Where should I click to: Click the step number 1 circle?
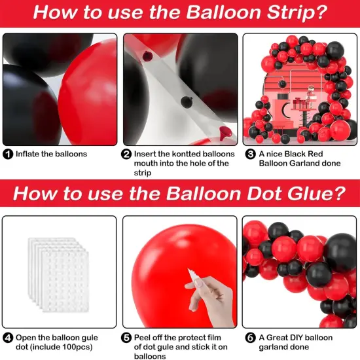point(8,154)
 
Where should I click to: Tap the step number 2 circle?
point(126,154)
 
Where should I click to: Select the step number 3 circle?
point(250,154)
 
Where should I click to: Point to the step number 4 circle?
point(8,338)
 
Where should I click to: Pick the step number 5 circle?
point(126,338)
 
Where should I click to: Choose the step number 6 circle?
point(250,338)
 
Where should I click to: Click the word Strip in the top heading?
point(297,13)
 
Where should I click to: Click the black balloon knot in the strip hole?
point(186,102)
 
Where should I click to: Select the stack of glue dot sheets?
point(58,275)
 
